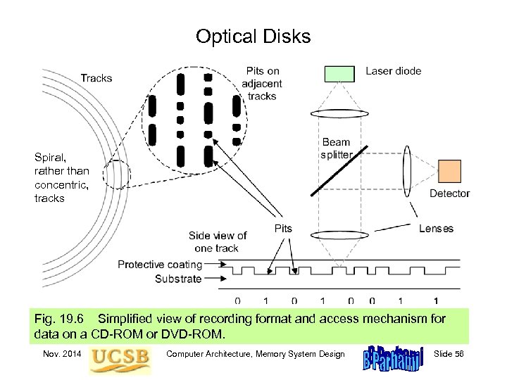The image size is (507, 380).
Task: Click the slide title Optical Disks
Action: coord(253,37)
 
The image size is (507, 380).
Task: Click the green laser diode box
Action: coord(339,74)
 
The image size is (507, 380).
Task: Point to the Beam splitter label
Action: coord(336,148)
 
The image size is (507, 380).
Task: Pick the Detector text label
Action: coord(449,194)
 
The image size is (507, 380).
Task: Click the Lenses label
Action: coord(436,229)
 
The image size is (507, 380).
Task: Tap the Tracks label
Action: coord(96,77)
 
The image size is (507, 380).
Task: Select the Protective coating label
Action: coord(160,265)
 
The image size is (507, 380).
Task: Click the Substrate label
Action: coord(178,279)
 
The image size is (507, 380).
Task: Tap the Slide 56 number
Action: coord(453,354)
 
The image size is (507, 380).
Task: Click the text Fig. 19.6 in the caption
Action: coord(60,319)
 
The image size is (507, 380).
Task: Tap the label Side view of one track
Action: coord(218,241)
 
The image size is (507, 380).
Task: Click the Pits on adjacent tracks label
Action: coord(262,83)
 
